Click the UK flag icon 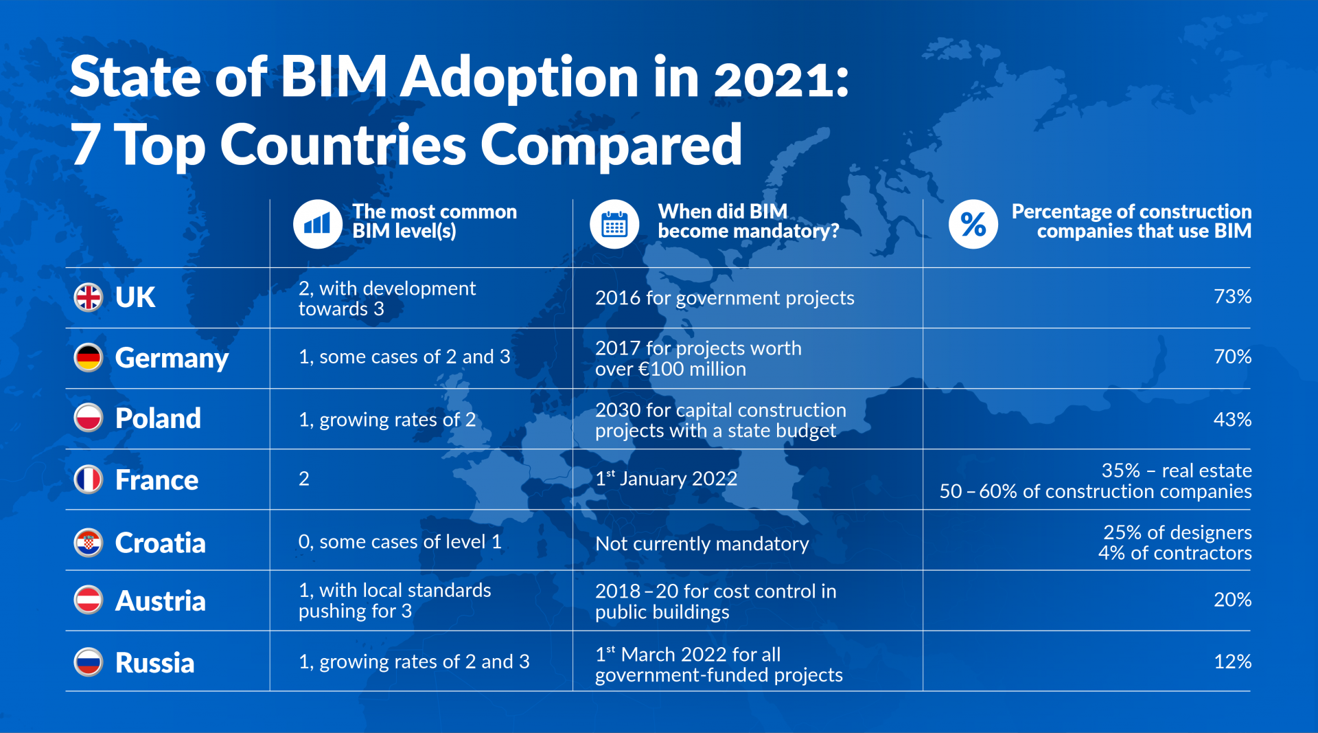[89, 297]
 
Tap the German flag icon [89, 358]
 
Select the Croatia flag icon [89, 543]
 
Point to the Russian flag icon [89, 662]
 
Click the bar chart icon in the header [318, 224]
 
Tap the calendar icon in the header [614, 224]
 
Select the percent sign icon [973, 224]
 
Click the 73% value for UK [1232, 297]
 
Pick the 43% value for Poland [1232, 419]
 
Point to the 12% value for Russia [1232, 662]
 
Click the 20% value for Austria [1232, 600]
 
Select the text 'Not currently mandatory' [702, 543]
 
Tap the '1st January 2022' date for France [666, 478]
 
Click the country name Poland [158, 418]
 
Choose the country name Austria [160, 601]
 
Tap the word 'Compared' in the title [611, 146]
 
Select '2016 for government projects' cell [724, 297]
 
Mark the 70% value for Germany [1232, 357]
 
